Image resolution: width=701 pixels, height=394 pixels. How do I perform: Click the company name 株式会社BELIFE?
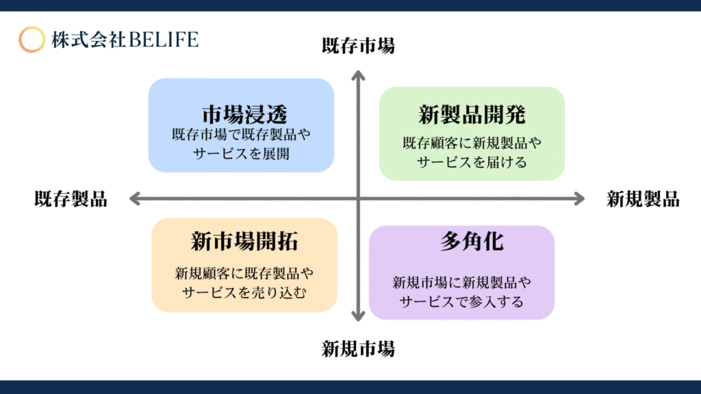coord(125,40)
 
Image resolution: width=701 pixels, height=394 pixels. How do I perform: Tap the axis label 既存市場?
coord(358,46)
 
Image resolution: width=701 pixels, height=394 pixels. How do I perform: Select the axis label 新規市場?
coord(358,349)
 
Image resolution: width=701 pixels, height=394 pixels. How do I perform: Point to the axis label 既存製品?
coord(71,199)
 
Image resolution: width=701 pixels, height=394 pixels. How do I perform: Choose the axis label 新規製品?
coord(643,199)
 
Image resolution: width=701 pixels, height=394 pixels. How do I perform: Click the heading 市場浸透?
coord(244,114)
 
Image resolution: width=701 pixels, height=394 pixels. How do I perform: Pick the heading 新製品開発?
coord(472,114)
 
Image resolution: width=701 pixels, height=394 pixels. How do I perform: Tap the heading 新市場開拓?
coord(244,241)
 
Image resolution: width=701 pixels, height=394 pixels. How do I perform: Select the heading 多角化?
coord(472,241)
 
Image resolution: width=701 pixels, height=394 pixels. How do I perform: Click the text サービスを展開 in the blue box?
coord(242,154)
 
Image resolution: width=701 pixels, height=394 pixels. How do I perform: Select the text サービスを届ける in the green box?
coord(472,162)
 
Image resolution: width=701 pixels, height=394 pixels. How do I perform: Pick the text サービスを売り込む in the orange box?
coord(244,293)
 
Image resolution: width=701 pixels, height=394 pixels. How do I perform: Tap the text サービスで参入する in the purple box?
coord(461,302)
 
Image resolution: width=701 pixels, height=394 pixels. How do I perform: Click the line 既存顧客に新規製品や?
coord(472,143)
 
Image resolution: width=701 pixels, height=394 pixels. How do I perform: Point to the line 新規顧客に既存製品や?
coord(244,274)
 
